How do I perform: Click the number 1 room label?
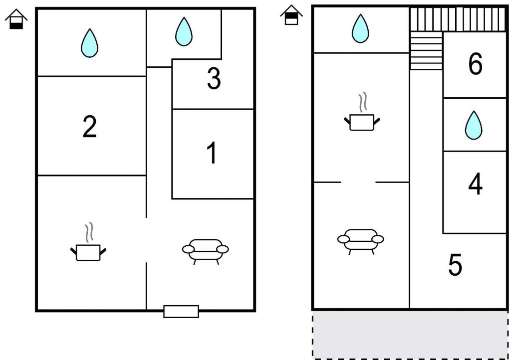(x=212, y=153)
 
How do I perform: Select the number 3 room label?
(x=214, y=79)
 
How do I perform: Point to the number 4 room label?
(x=475, y=184)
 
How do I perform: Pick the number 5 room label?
(x=455, y=265)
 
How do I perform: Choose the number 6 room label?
(x=475, y=64)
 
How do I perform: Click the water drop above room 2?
(x=90, y=43)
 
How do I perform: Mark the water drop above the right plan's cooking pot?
(x=360, y=28)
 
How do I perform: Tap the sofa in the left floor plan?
(x=206, y=250)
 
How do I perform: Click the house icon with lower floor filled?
(x=16, y=20)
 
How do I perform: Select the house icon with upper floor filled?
(x=291, y=15)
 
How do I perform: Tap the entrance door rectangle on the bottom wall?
(x=181, y=312)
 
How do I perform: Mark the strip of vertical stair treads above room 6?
(x=458, y=19)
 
